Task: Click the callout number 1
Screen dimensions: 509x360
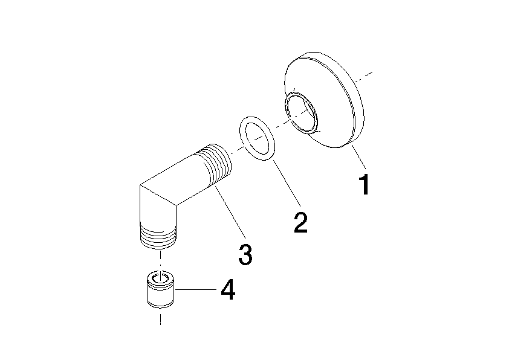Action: click(365, 184)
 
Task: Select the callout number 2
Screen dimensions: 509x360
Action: click(300, 222)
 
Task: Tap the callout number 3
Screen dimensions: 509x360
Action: click(245, 254)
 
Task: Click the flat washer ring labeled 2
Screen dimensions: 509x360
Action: click(257, 138)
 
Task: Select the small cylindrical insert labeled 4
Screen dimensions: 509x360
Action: click(160, 289)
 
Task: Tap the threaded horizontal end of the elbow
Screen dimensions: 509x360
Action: click(215, 166)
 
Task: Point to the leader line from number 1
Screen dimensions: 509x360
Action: click(358, 157)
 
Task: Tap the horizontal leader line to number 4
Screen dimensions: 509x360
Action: click(195, 289)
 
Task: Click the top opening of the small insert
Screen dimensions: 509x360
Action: click(160, 278)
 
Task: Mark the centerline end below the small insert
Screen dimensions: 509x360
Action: click(160, 324)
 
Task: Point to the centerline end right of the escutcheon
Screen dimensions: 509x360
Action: click(372, 72)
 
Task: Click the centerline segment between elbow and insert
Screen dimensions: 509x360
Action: click(160, 260)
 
